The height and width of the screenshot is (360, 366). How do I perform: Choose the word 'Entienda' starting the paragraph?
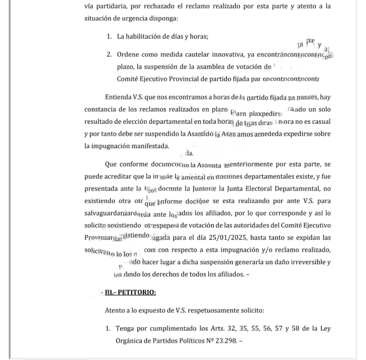pos(117,97)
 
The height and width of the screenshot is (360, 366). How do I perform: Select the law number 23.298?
pos(226,341)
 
